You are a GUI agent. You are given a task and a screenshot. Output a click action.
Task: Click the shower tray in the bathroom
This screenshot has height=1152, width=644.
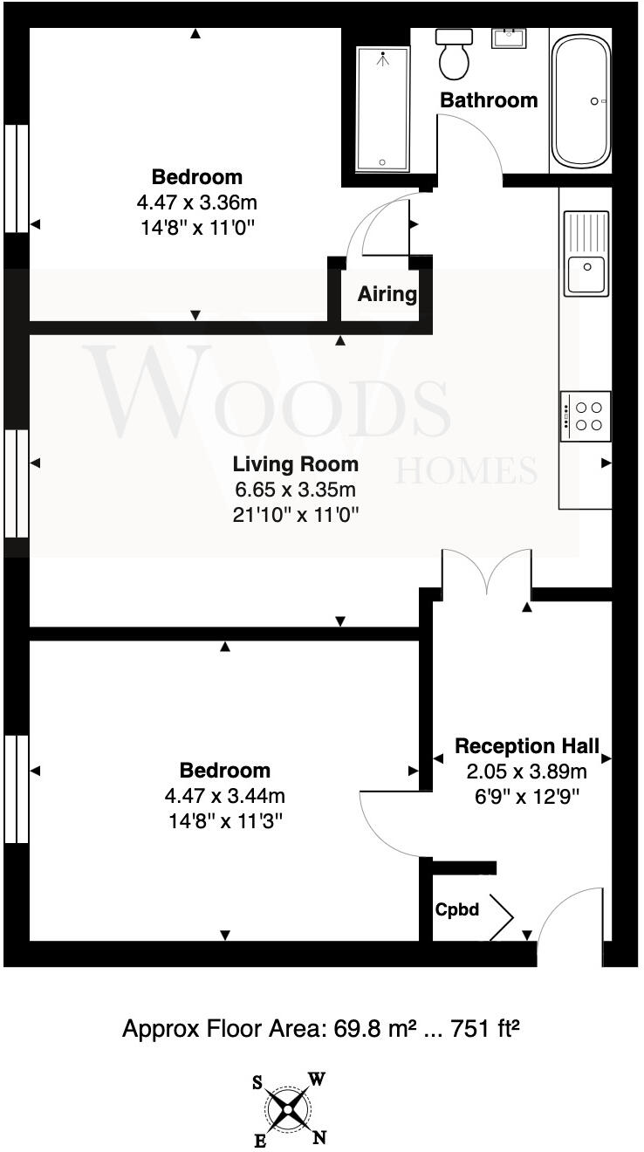pyautogui.click(x=382, y=108)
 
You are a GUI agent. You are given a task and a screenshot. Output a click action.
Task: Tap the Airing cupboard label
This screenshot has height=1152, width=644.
pyautogui.click(x=387, y=294)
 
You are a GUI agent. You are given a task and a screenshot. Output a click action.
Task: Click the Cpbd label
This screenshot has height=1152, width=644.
pyautogui.click(x=457, y=909)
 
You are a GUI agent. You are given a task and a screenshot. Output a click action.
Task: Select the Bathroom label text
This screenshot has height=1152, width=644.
pyautogui.click(x=489, y=100)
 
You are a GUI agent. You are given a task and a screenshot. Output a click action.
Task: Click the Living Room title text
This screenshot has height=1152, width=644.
pyautogui.click(x=295, y=463)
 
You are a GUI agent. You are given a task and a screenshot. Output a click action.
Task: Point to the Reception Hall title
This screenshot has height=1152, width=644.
pyautogui.click(x=527, y=746)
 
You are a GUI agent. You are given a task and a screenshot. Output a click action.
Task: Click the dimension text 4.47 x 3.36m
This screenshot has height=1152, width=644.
pyautogui.click(x=196, y=203)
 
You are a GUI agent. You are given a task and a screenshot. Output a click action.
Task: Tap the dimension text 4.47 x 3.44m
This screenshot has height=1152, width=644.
pyautogui.click(x=224, y=796)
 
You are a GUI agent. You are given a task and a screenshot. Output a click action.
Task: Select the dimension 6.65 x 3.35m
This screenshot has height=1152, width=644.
pyautogui.click(x=295, y=490)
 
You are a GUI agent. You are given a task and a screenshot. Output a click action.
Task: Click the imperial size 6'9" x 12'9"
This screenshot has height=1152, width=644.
pyautogui.click(x=527, y=797)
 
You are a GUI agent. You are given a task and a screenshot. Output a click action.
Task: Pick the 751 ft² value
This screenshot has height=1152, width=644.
pyautogui.click(x=485, y=1029)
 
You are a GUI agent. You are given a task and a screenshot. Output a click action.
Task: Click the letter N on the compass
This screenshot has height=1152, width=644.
pyautogui.click(x=319, y=1137)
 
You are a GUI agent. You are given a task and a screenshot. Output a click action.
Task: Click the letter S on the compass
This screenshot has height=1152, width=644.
pyautogui.click(x=258, y=1083)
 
